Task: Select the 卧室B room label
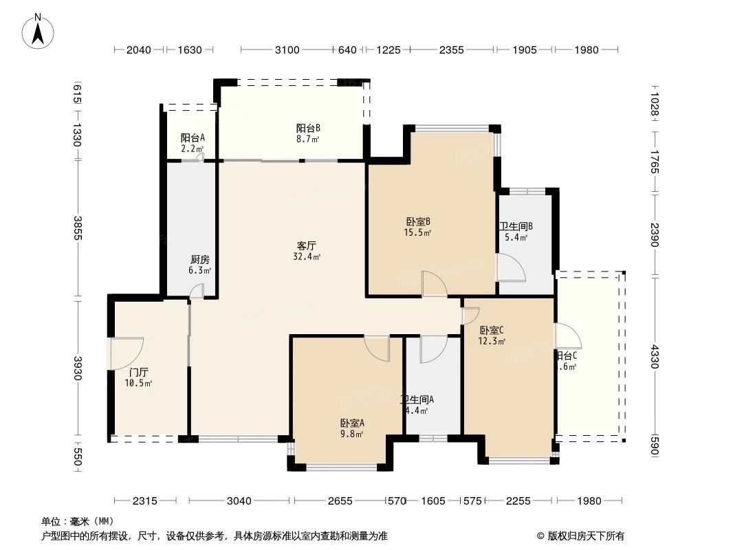[418, 221]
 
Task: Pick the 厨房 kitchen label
[200, 260]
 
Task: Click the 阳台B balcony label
[308, 128]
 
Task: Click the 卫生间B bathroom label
[516, 226]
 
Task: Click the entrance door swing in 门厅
[127, 353]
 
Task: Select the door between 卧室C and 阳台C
[567, 337]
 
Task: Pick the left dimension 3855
[78, 229]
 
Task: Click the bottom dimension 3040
[239, 501]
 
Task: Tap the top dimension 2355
[451, 49]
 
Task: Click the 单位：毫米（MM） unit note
[78, 521]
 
